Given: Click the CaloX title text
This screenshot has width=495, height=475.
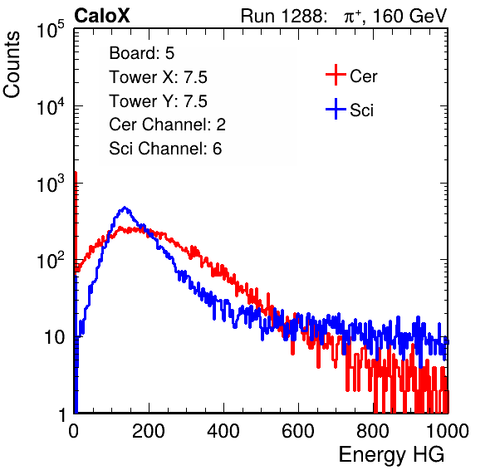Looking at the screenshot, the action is (x=102, y=16).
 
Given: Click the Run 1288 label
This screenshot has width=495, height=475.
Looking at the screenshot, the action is (x=282, y=16).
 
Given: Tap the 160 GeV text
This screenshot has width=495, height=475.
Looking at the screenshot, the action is (x=409, y=16).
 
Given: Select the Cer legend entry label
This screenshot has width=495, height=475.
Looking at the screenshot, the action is (x=363, y=76).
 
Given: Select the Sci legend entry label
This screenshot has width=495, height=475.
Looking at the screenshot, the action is (x=362, y=110).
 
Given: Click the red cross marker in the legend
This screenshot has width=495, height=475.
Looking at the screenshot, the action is (x=336, y=75).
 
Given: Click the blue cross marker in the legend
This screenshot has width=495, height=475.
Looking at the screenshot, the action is (x=336, y=109).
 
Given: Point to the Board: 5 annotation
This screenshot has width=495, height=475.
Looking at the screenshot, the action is (x=141, y=53).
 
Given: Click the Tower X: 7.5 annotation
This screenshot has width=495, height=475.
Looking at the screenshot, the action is (x=158, y=77).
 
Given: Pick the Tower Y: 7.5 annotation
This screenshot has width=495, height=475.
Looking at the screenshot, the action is (x=158, y=101).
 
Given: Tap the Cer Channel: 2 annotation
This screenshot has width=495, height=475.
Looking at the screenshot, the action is (x=167, y=125).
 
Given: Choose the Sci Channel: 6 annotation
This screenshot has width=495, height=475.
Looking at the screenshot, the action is (x=165, y=149).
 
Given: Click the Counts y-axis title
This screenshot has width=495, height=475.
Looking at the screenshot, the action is (x=12, y=65).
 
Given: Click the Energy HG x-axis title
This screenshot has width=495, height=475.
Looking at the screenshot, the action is (x=391, y=454).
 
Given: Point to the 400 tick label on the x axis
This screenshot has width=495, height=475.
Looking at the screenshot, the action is (x=223, y=431).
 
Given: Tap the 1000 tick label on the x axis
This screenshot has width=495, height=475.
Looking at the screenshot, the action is (x=448, y=431).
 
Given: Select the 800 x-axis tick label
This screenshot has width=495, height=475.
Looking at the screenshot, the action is (x=373, y=431).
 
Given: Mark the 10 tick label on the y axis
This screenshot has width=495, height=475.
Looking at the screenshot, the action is (x=54, y=338).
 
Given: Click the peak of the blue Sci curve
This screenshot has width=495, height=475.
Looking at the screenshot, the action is (x=125, y=208).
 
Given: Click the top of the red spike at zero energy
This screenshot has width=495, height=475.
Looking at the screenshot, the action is (x=76, y=173).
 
